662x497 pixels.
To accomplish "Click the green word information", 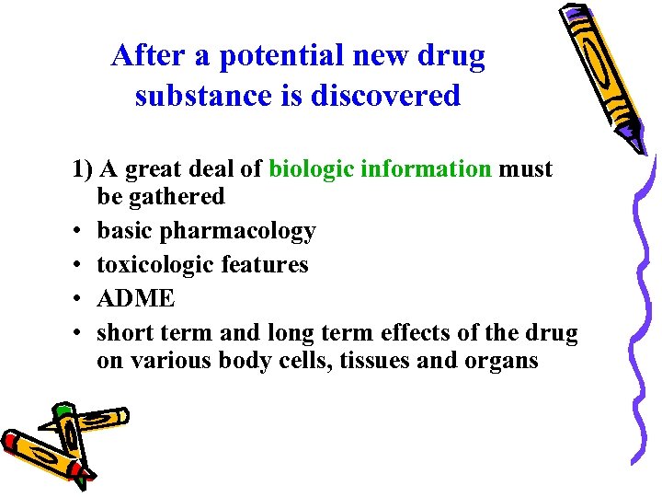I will [x=426, y=169].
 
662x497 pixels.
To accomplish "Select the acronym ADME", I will [x=135, y=299].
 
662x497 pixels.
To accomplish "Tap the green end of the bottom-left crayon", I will [x=63, y=410].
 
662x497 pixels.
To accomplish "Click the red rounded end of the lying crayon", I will [x=13, y=445].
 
